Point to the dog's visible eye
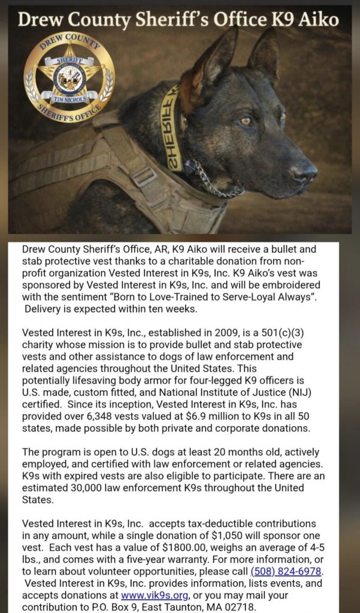click(244, 121)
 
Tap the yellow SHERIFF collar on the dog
click(172, 129)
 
